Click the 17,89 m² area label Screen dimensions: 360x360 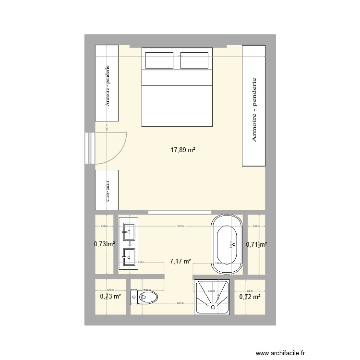(x=182, y=150)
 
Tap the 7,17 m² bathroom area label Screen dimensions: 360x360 (x=180, y=262)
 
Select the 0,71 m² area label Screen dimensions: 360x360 (x=256, y=244)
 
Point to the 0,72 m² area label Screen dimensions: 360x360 (x=250, y=297)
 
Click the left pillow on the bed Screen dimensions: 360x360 (x=160, y=60)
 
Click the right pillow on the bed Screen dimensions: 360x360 (x=194, y=60)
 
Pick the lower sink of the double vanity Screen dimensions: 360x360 (x=129, y=257)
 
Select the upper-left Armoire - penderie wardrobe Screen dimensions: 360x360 (x=107, y=84)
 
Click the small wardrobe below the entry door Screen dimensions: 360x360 (x=107, y=190)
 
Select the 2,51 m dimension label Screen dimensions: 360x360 (x=179, y=303)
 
